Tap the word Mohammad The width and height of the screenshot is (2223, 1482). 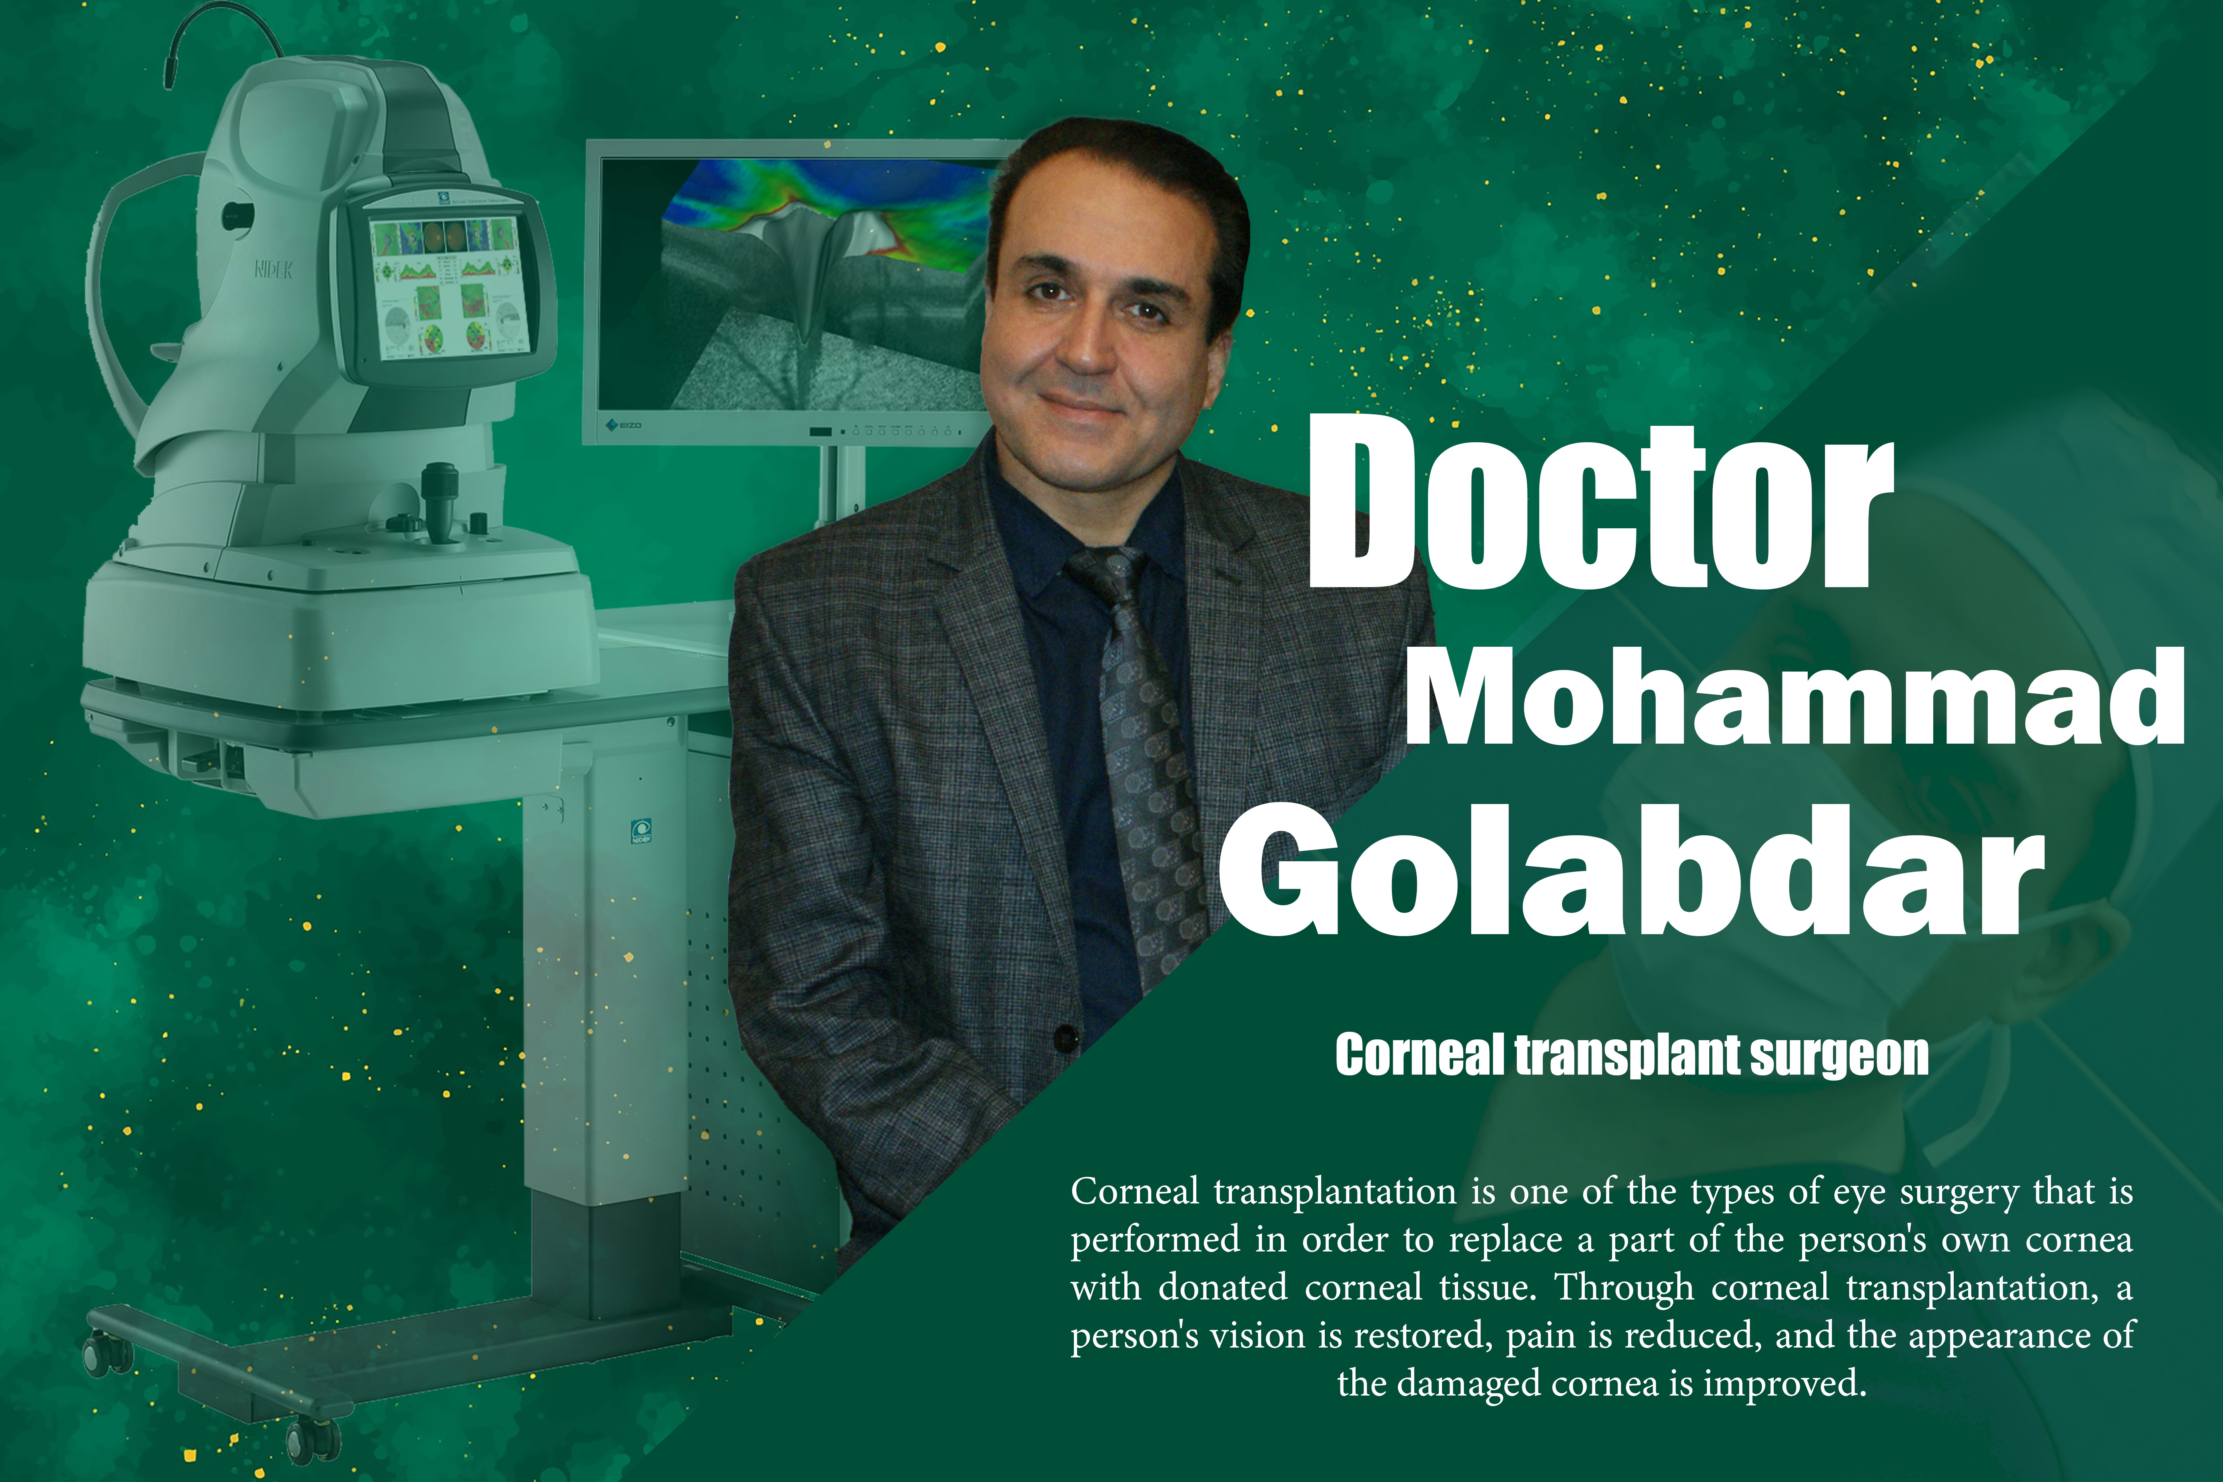click(1795, 698)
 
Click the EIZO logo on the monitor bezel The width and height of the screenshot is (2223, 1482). click(625, 425)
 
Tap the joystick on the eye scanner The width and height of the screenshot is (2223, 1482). click(439, 501)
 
